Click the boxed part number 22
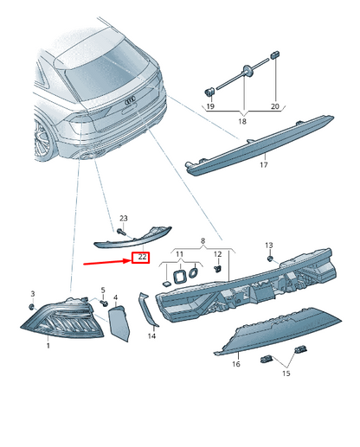click(141, 258)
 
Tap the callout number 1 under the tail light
click(48, 346)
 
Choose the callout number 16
click(235, 365)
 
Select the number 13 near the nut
click(268, 246)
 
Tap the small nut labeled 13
click(271, 259)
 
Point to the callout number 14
click(151, 335)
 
